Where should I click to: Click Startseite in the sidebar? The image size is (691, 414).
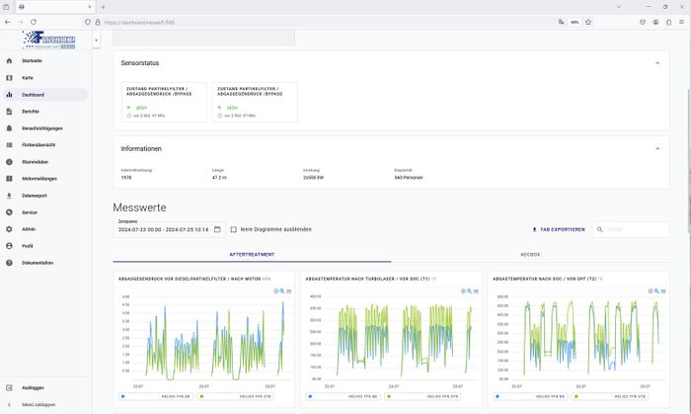pos(32,61)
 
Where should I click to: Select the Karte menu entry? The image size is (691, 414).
pos(28,78)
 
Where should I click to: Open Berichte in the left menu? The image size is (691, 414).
pos(31,112)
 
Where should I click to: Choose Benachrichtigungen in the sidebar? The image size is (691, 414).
pos(42,128)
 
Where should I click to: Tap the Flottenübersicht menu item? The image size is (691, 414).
pos(38,145)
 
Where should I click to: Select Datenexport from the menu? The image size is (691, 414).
pos(34,196)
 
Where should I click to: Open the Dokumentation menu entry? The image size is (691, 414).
pos(37,263)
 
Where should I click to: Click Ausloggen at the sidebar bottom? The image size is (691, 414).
pos(33,388)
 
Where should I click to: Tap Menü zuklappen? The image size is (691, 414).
pos(38,405)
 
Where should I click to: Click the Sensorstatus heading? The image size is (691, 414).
pos(140,63)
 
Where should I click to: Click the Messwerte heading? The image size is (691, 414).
pos(139,207)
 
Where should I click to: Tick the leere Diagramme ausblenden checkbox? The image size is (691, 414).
pos(233,229)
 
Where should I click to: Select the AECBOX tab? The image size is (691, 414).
pos(530,254)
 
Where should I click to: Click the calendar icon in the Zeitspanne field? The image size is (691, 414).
pos(217,229)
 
